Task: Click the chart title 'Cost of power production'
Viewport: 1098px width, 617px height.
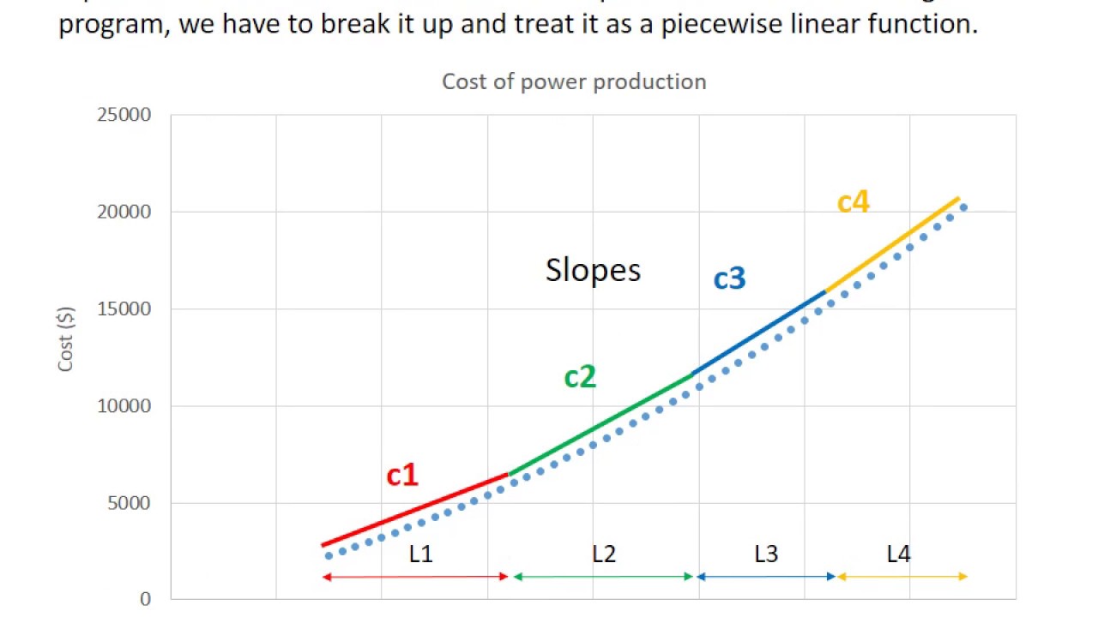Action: coord(574,81)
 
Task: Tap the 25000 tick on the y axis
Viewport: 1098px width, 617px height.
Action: coord(125,115)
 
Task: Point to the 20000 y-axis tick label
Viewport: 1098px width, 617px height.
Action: coord(125,212)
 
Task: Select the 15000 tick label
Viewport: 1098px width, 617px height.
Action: coord(125,308)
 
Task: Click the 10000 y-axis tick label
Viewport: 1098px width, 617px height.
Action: coord(125,406)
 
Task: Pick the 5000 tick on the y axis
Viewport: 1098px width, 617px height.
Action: coord(130,503)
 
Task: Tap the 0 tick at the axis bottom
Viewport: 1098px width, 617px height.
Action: coord(146,599)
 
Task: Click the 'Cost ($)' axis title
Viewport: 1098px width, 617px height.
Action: coord(66,339)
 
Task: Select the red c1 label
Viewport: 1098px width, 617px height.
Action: coord(402,474)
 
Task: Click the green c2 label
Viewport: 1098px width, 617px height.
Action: coord(580,376)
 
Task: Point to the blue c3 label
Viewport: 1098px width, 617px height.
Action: coord(730,278)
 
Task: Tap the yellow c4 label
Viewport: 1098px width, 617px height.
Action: coord(854,202)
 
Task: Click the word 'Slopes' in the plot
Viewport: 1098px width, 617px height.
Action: coord(593,270)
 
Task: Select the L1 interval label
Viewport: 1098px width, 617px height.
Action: coord(420,554)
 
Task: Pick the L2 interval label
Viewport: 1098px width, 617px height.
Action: coord(604,554)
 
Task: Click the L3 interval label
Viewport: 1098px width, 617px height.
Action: coord(766,554)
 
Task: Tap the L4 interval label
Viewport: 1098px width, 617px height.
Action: coord(898,554)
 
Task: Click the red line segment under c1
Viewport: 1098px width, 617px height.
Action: coord(416,509)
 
